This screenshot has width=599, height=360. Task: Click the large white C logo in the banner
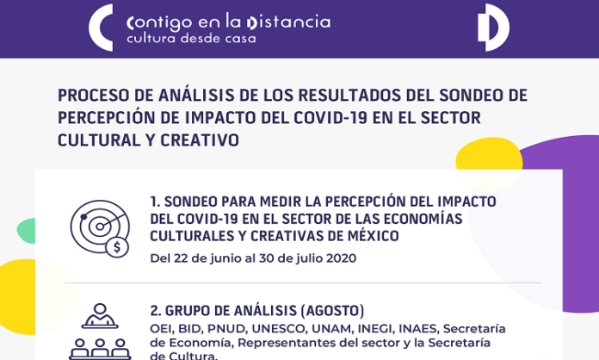point(97,28)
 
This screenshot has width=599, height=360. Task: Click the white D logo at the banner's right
point(493,28)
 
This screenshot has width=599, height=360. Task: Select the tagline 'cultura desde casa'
point(191,39)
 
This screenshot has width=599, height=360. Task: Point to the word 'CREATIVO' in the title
point(200,140)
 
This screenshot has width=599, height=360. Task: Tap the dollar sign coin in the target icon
point(117,247)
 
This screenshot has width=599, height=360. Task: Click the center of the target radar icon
point(100,227)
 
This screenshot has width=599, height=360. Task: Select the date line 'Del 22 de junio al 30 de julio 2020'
point(253,258)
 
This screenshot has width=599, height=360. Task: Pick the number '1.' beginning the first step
point(155,202)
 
